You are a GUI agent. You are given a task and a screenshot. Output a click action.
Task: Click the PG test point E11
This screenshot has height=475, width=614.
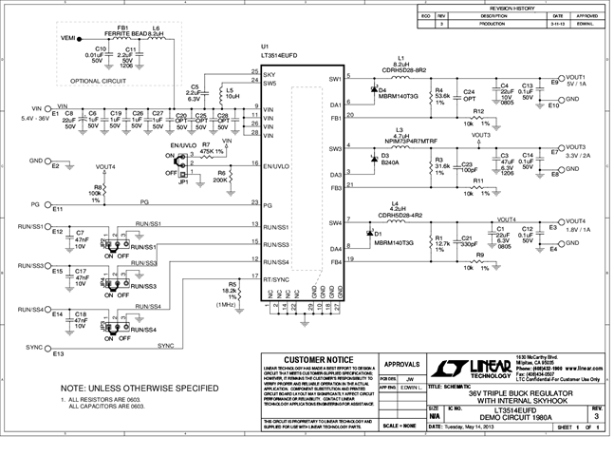[56, 204]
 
